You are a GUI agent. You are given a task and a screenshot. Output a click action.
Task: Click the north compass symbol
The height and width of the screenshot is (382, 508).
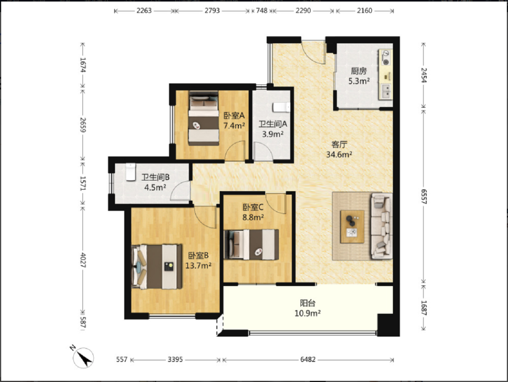point(83,358)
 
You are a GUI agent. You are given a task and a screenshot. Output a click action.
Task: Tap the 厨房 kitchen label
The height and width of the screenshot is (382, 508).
point(359,71)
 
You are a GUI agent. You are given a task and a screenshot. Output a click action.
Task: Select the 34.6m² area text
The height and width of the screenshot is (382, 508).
point(339,154)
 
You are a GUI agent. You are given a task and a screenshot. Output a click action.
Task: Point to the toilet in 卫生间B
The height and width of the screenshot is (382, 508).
point(131,172)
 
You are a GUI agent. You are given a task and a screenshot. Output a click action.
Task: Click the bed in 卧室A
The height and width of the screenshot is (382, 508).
point(204,118)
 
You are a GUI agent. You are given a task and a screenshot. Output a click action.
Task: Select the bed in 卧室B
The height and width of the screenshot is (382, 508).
point(157,267)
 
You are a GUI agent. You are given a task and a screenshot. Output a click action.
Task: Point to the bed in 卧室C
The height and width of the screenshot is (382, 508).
point(252,245)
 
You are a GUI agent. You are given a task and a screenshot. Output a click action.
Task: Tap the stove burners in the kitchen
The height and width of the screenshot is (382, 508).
point(386,58)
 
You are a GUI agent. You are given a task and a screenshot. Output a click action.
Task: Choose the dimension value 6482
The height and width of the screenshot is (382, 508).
point(308,359)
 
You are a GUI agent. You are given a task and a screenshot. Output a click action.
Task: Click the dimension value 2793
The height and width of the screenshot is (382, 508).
point(212,11)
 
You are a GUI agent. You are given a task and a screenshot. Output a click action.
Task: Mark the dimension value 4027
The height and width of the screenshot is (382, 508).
point(83,260)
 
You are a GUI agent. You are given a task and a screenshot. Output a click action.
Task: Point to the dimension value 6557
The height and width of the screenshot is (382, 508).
point(424,197)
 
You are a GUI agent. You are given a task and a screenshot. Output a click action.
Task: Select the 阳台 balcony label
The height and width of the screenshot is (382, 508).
point(307,303)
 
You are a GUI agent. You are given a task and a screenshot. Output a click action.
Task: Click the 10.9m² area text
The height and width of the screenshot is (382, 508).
point(307,313)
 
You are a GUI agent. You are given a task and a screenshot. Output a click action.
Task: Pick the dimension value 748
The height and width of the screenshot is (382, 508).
point(262,11)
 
